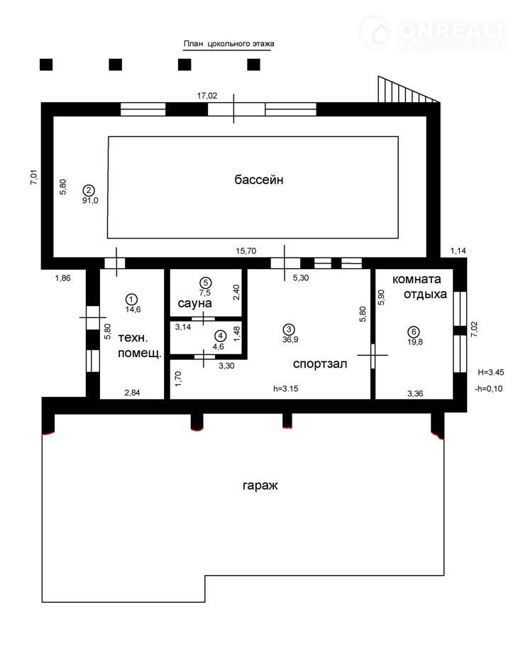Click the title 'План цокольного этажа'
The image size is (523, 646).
[229, 44]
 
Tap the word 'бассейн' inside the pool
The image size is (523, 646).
[258, 180]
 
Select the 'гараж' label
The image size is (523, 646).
[260, 486]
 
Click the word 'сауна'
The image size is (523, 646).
[194, 304]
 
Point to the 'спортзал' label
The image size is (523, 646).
[320, 364]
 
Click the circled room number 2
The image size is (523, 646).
[89, 190]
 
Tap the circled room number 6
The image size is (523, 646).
[414, 332]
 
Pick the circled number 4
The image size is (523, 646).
[221, 336]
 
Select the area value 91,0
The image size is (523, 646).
[90, 201]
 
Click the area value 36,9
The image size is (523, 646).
[290, 340]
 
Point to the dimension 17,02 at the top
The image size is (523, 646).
[207, 96]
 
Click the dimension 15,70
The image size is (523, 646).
[246, 251]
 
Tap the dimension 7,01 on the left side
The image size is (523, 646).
[34, 177]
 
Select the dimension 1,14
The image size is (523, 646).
[458, 251]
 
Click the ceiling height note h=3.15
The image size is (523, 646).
[285, 388]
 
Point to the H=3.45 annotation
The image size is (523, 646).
[491, 372]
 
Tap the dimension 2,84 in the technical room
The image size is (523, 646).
[132, 393]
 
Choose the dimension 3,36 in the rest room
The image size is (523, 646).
[415, 393]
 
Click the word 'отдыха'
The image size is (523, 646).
[425, 295]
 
